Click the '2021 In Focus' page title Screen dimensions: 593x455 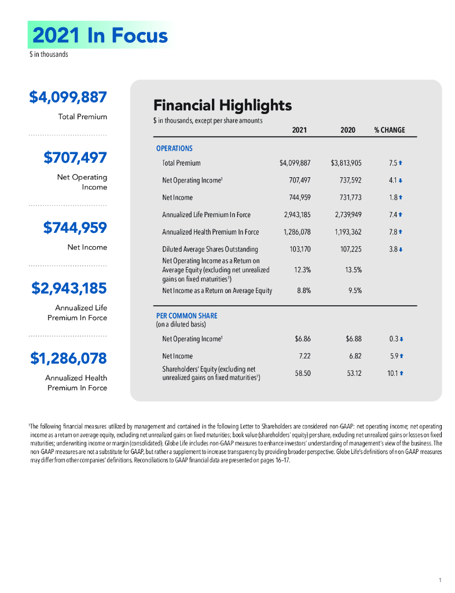[x=100, y=35]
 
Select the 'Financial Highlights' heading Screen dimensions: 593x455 [x=222, y=105]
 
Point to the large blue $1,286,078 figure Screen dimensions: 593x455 [x=68, y=358]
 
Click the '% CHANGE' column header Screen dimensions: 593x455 [x=389, y=130]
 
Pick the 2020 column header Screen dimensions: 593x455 [x=348, y=130]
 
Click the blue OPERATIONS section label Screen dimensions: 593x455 [x=174, y=148]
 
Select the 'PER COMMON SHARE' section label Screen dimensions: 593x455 [x=186, y=316]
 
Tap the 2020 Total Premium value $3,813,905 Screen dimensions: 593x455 [x=346, y=163]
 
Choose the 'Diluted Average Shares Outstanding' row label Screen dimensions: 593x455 [x=210, y=249]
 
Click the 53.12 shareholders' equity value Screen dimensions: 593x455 [x=354, y=374]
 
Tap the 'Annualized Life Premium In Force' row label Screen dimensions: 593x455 [x=206, y=215]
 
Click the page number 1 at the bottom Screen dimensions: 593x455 [x=440, y=580]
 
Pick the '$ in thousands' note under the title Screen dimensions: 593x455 [x=49, y=54]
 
